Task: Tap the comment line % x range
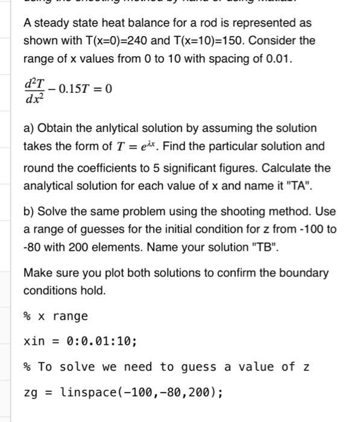tap(55, 316)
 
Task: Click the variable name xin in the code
tap(33, 341)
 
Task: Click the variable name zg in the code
tap(30, 392)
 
